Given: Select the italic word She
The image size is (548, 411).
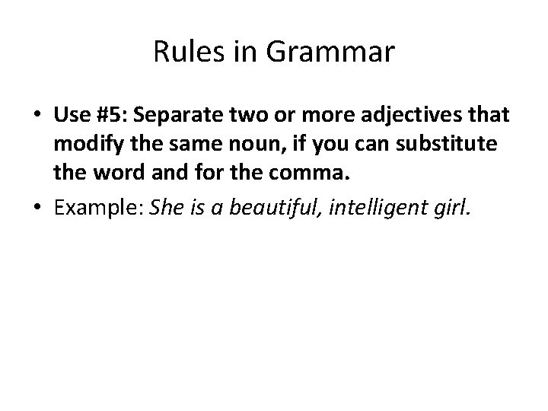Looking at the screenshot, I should point(167,209).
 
